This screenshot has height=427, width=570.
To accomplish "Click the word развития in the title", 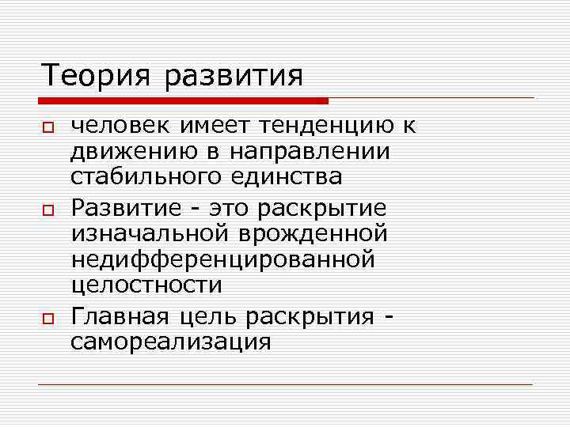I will click(x=236, y=77).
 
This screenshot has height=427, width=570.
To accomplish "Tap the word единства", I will click(x=288, y=176).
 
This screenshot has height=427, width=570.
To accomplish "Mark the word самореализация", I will click(x=171, y=342).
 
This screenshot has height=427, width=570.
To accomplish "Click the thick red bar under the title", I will click(x=182, y=100).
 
